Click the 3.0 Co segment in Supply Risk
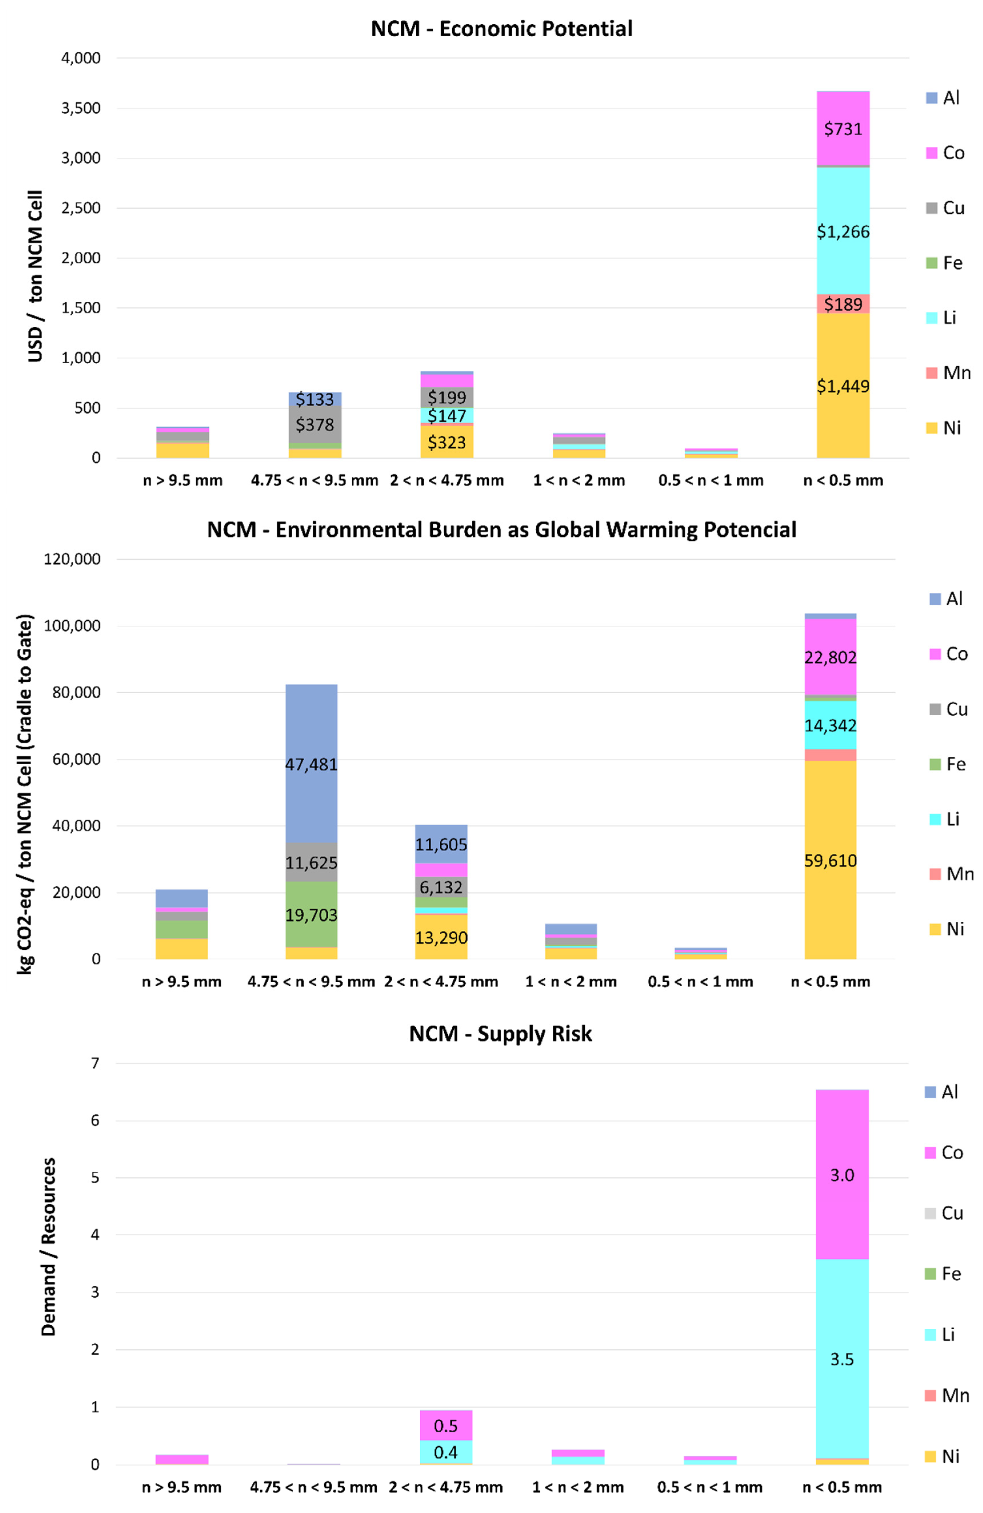tap(842, 1175)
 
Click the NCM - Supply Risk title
tap(500, 1034)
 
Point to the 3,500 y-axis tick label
tap(81, 108)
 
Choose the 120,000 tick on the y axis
tap(72, 560)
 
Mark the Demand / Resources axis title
tap(49, 1246)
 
